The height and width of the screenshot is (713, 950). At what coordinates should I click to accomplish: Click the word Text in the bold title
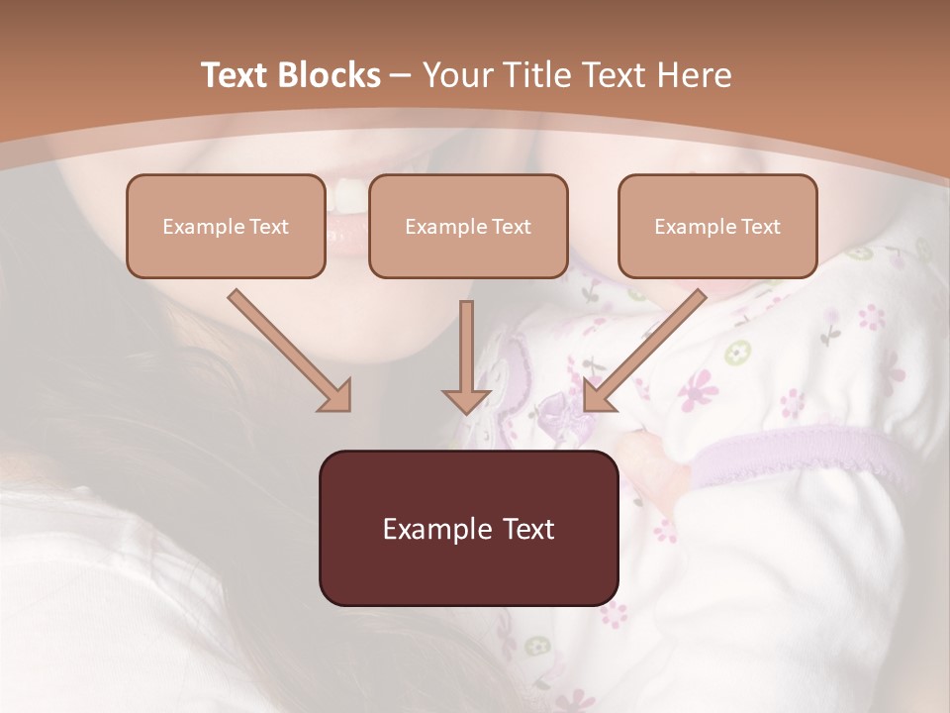[236, 75]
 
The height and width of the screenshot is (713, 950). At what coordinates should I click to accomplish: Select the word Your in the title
[458, 75]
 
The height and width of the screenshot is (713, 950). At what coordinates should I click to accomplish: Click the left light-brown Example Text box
[226, 226]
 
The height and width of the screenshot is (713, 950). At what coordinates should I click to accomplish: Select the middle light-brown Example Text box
[468, 226]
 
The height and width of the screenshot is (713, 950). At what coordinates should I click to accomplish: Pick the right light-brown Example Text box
[717, 226]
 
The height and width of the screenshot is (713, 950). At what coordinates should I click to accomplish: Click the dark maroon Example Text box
[468, 528]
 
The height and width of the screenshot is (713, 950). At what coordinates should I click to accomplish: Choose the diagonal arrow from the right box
[644, 351]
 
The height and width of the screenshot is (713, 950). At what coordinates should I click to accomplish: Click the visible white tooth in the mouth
[349, 195]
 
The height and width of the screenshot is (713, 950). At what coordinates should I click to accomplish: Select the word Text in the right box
[761, 227]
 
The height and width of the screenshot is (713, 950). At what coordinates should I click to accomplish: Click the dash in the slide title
[402, 75]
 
